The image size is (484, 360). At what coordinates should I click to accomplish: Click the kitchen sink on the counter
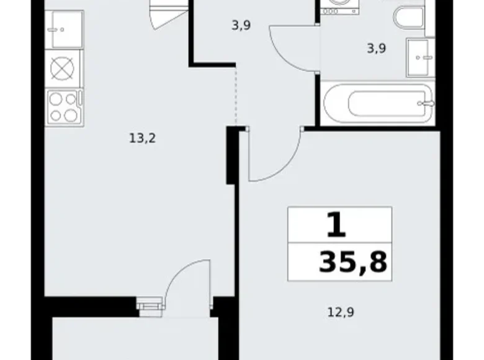(x=64, y=30)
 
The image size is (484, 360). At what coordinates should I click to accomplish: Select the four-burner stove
(x=64, y=106)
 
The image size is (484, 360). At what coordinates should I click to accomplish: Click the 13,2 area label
(x=142, y=138)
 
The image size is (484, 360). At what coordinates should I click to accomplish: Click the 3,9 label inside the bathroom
(x=376, y=48)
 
